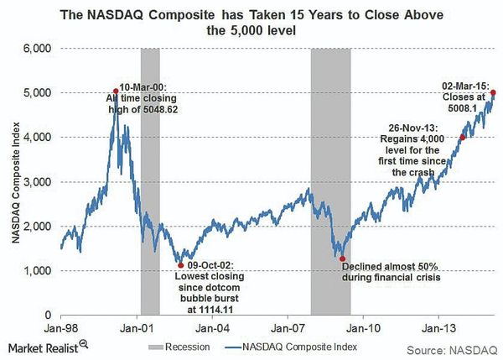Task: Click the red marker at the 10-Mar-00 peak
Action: click(x=115, y=91)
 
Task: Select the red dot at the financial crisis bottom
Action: click(x=341, y=258)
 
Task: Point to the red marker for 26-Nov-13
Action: click(x=462, y=137)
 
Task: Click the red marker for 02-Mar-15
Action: click(x=493, y=92)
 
